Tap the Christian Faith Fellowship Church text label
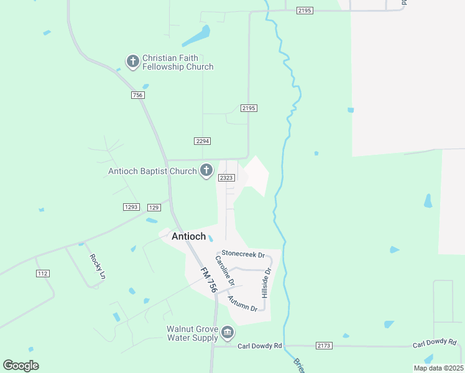click(x=178, y=62)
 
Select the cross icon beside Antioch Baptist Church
click(x=206, y=170)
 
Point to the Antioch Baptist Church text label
click(x=152, y=171)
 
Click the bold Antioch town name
click(x=188, y=236)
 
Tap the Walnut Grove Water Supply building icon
click(x=228, y=333)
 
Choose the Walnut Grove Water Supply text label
click(x=192, y=333)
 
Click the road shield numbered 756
click(x=138, y=95)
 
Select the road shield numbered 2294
click(x=203, y=141)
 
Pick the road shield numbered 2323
click(x=226, y=178)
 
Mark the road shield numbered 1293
click(x=132, y=207)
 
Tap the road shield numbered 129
click(x=155, y=207)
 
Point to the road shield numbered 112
click(x=42, y=274)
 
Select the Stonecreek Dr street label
click(x=244, y=255)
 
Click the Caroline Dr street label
click(x=225, y=270)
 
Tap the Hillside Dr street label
click(x=267, y=280)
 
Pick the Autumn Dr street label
click(x=242, y=303)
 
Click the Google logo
click(x=21, y=366)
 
